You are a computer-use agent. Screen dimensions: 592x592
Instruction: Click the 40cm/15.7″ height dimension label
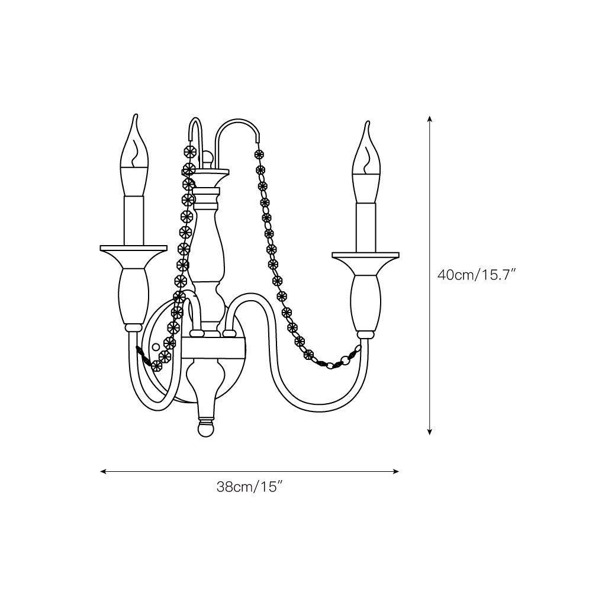pos(477,275)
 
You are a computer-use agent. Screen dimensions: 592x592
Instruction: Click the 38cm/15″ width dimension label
pos(250,487)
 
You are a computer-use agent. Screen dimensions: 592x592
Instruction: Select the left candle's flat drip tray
pos(133,248)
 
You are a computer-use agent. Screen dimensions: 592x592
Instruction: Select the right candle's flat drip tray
pos(365,256)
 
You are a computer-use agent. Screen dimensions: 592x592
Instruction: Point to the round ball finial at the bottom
pos(207,429)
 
